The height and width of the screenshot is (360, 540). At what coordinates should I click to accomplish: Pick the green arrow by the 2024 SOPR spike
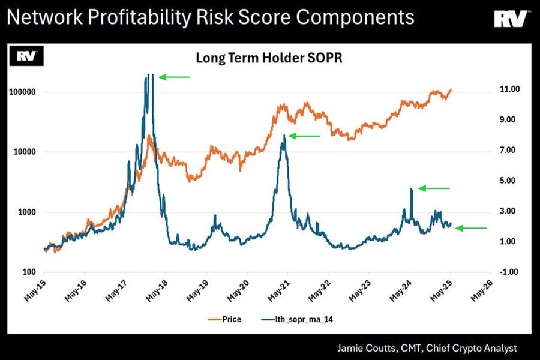(433, 188)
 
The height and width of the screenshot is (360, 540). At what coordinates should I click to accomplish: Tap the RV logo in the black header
(511, 19)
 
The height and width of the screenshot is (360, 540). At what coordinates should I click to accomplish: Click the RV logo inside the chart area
(24, 57)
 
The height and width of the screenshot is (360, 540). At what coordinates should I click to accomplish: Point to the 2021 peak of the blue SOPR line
(284, 136)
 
